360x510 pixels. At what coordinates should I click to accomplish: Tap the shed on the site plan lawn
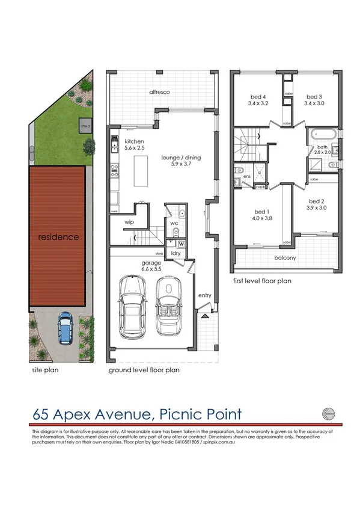click(x=85, y=126)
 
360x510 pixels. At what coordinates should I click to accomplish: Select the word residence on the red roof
click(x=58, y=237)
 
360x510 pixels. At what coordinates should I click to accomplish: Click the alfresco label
click(x=161, y=92)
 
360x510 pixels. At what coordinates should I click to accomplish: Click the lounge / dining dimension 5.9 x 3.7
click(x=181, y=164)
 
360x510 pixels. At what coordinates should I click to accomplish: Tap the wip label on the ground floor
click(x=129, y=222)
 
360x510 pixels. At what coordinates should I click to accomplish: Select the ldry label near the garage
click(x=176, y=253)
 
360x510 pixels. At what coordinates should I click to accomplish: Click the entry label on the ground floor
click(x=204, y=296)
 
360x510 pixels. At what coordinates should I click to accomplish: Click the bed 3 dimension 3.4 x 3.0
click(x=316, y=103)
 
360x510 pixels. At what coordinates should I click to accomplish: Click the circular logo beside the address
click(x=328, y=413)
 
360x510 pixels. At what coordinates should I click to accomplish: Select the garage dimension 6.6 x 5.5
click(x=151, y=270)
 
